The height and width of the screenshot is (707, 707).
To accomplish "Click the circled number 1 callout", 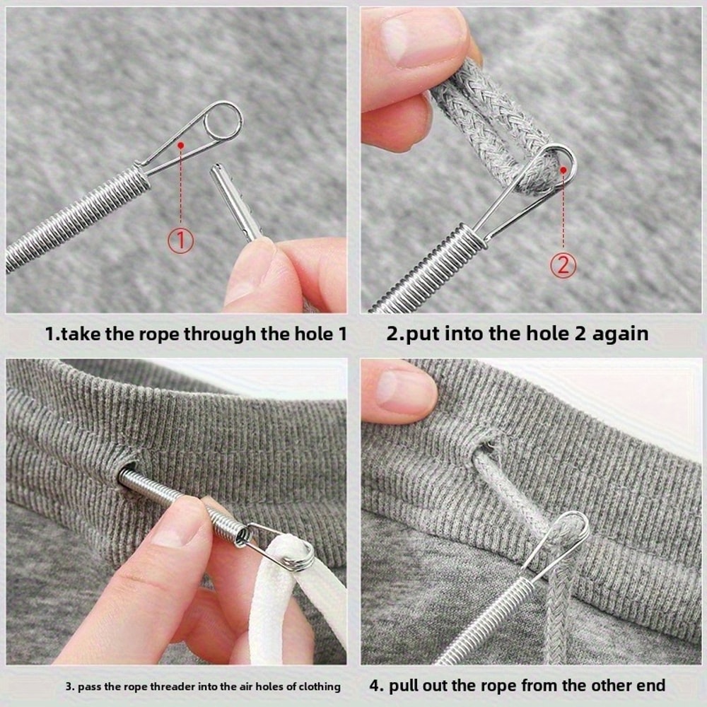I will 180,240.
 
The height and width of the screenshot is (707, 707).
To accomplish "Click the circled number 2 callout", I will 563,265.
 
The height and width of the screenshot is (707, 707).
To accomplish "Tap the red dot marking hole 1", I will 181,145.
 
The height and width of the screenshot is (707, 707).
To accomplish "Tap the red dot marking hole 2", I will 563,168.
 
